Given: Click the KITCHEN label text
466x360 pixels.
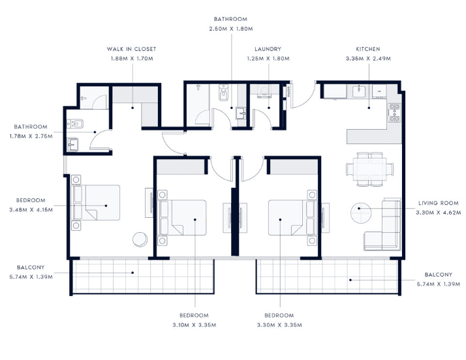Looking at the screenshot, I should pyautogui.click(x=368, y=49).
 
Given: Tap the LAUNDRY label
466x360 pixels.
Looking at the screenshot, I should pyautogui.click(x=268, y=49).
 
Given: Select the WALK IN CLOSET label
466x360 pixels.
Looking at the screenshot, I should pyautogui.click(x=132, y=49).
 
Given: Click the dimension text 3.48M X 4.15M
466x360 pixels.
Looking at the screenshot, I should pyautogui.click(x=31, y=209).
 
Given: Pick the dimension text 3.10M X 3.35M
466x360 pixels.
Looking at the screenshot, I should pyautogui.click(x=195, y=324).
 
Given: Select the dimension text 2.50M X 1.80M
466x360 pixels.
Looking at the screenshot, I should pyautogui.click(x=230, y=29).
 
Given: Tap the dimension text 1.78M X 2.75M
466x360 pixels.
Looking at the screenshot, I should pyautogui.click(x=31, y=136).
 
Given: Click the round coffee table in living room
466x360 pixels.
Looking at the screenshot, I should pyautogui.click(x=360, y=213).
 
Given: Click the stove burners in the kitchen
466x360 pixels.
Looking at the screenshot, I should pyautogui.click(x=394, y=113).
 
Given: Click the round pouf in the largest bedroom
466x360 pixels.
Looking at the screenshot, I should pyautogui.click(x=140, y=239).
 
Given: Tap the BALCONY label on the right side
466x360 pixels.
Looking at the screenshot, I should pyautogui.click(x=438, y=275).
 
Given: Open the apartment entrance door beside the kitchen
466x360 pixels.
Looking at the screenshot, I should pyautogui.click(x=302, y=96).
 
